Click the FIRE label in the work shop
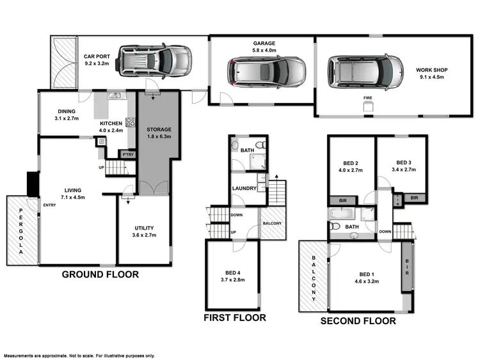pyautogui.click(x=368, y=98)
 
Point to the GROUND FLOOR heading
pyautogui.click(x=100, y=275)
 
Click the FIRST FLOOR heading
pyautogui.click(x=234, y=317)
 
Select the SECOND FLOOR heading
pyautogui.click(x=358, y=321)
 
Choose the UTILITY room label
pyautogui.click(x=144, y=228)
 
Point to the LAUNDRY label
pyautogui.click(x=244, y=189)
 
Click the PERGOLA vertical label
pyautogui.click(x=20, y=231)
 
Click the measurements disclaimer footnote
pyautogui.click(x=79, y=356)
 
